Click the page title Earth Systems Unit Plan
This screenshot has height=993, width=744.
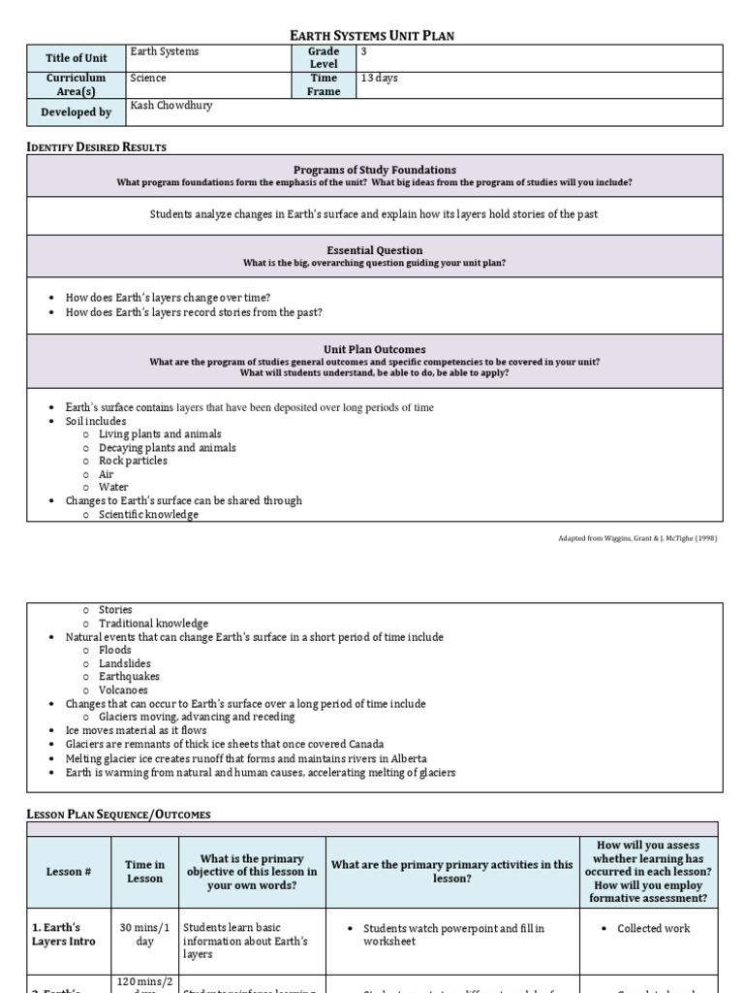tap(372, 36)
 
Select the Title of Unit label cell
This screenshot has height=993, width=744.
tap(77, 58)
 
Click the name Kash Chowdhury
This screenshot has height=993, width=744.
tap(170, 106)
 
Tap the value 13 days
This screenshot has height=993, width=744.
tap(379, 79)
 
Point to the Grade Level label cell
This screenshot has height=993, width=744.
tap(324, 58)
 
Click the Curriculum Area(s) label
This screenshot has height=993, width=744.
tap(77, 84)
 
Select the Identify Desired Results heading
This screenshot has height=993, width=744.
tap(96, 147)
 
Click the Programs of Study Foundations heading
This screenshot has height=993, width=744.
tap(374, 170)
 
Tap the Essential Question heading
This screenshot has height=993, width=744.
tap(374, 250)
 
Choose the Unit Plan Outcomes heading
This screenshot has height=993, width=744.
tap(374, 349)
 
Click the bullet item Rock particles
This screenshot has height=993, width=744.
tap(133, 462)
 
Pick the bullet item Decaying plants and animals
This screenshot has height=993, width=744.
tap(167, 448)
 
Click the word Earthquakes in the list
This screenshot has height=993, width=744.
tap(129, 677)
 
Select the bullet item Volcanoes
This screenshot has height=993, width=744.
tap(123, 690)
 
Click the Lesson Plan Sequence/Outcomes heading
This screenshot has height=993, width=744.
tap(118, 815)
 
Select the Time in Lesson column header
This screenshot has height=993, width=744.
tap(145, 872)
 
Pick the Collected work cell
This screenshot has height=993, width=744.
tap(654, 929)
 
